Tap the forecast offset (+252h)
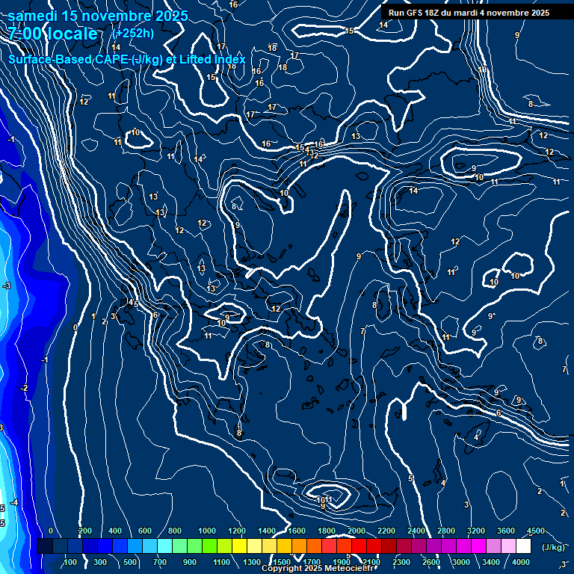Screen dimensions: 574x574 pos(134,33)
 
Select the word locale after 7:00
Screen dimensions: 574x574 pos(71,34)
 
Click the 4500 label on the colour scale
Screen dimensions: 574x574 pos(535,531)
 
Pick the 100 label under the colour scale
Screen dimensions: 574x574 pos(71,562)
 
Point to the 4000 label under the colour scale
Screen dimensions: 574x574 pos(521,562)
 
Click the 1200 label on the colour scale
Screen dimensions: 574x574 pos(236,531)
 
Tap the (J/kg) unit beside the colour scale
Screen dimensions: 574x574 pos(552,547)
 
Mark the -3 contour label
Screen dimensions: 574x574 pos(7,286)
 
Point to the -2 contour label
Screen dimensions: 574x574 pos(24,388)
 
